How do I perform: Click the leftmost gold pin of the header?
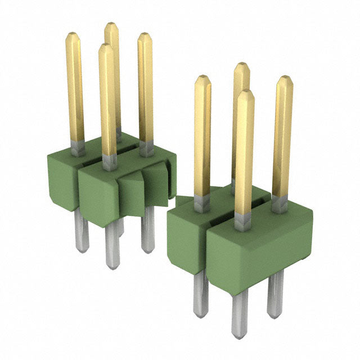tap(75, 90)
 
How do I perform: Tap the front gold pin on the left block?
tap(107, 101)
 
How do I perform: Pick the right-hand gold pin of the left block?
tap(146, 90)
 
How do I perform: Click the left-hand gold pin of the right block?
tap(202, 135)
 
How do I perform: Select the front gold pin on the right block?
tap(244, 152)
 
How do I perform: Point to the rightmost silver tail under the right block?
tap(275, 292)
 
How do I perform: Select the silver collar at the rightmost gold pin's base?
tap(280, 204)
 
